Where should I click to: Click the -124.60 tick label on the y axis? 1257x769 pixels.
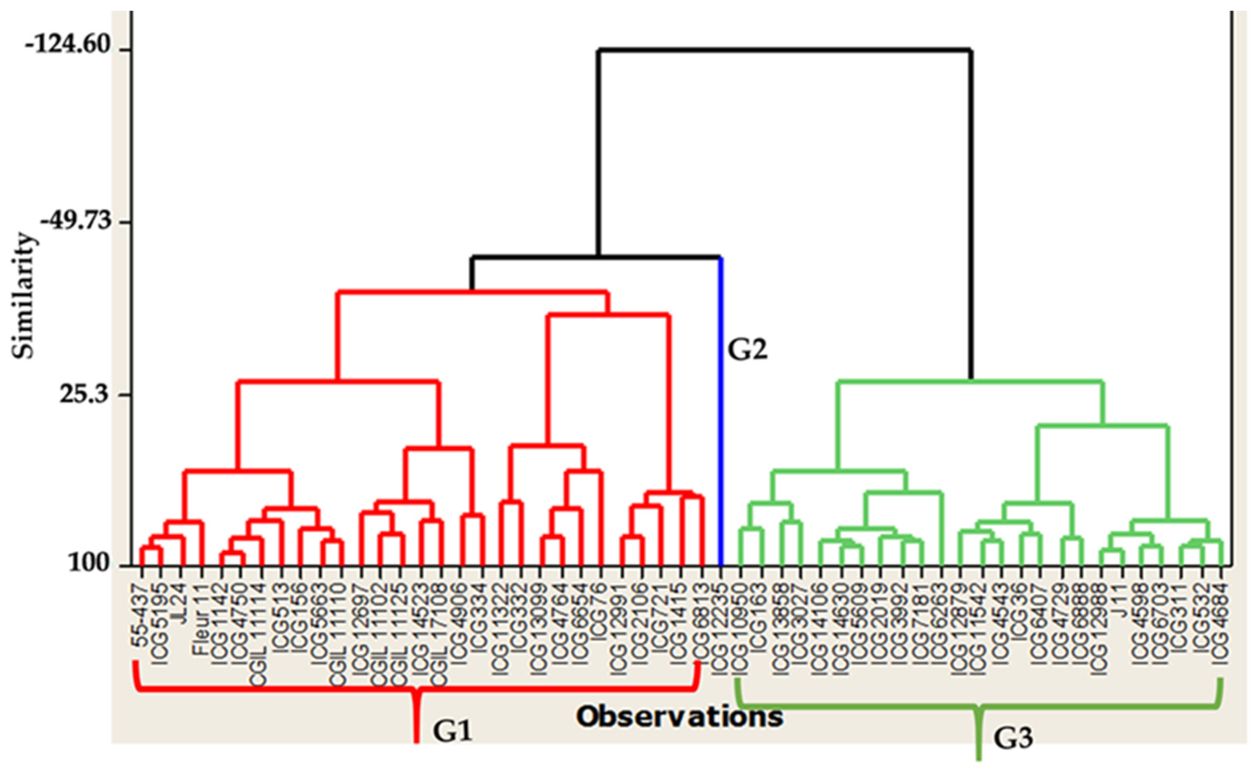pos(68,45)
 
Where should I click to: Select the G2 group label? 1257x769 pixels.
pos(747,350)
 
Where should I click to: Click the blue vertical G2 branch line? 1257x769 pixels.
pos(721,408)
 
